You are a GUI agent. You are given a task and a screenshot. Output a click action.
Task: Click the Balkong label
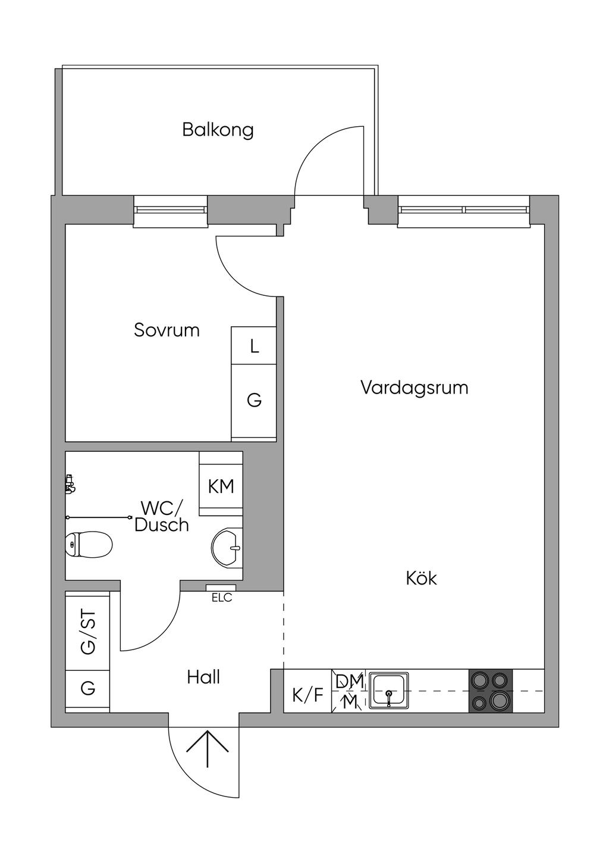click(x=218, y=130)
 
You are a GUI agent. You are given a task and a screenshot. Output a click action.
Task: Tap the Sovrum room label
click(x=167, y=330)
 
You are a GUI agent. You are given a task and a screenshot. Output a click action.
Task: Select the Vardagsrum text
click(x=415, y=388)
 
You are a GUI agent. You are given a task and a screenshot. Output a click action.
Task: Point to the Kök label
click(x=422, y=579)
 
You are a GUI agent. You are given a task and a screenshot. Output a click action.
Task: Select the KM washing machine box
click(x=221, y=486)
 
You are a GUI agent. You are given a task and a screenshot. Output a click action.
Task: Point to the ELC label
click(x=222, y=598)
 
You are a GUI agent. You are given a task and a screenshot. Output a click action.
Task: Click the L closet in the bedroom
click(x=254, y=345)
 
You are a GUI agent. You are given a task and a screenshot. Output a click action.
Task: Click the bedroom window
click(x=170, y=210)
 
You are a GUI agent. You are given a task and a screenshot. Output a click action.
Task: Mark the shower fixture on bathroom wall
click(x=70, y=484)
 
